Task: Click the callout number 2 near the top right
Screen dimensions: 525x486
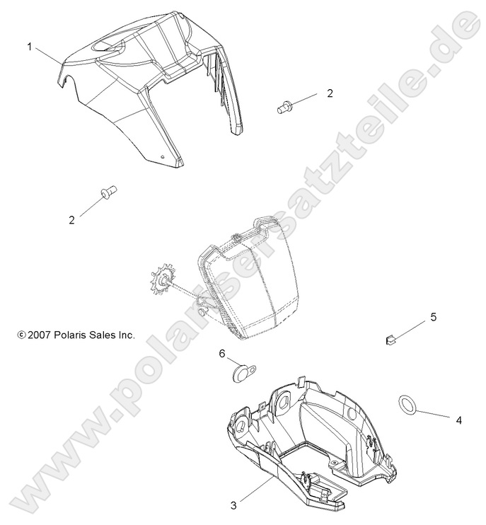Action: click(x=329, y=93)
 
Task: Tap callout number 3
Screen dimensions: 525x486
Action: click(x=234, y=504)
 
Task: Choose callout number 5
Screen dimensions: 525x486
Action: click(x=434, y=317)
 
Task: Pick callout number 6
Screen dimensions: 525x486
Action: click(x=221, y=352)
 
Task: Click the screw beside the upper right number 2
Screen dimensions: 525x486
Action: click(x=285, y=107)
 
